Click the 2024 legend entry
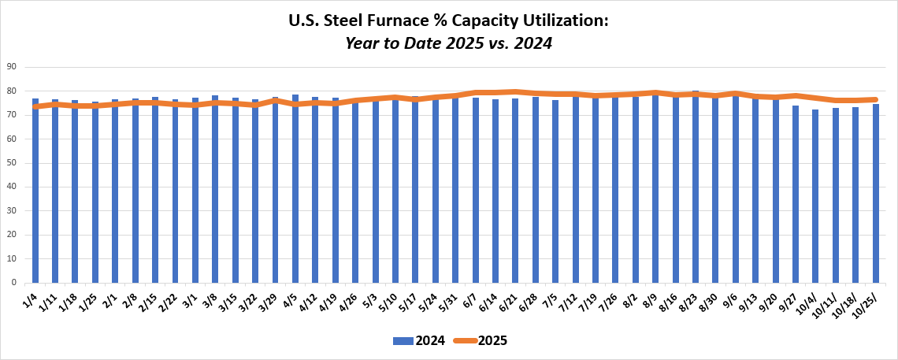click(x=419, y=341)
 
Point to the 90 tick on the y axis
click(x=13, y=67)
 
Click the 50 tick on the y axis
click(x=13, y=163)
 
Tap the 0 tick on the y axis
click(x=15, y=283)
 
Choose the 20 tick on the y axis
click(x=13, y=235)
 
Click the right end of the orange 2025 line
click(x=875, y=99)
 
